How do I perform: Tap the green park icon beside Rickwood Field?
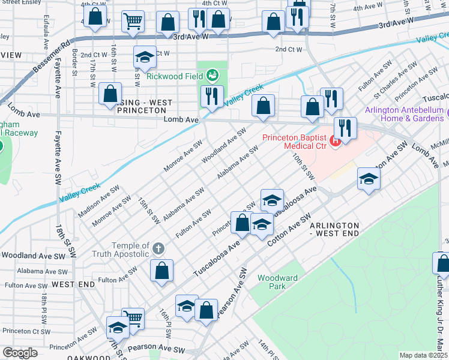(211, 76)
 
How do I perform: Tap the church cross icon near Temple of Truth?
(158, 248)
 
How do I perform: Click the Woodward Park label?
(277, 282)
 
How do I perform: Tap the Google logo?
(20, 353)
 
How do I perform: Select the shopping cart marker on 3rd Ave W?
(133, 22)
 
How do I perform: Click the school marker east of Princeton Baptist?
(369, 178)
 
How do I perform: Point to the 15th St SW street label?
(148, 211)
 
